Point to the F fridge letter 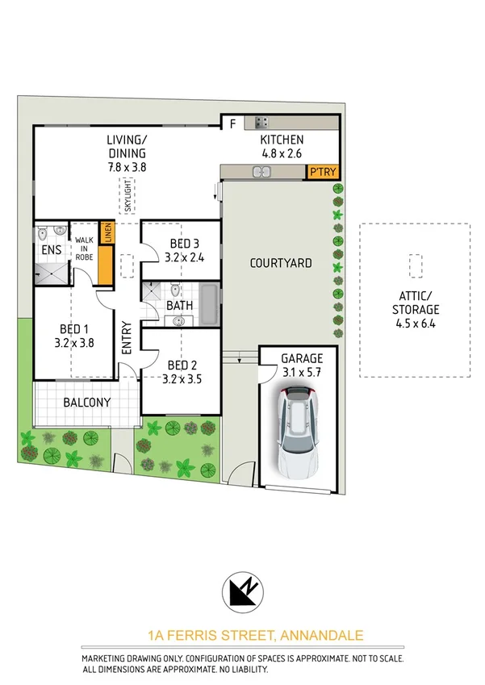232,123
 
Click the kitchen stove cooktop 261,123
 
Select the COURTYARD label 281,263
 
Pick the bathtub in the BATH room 209,305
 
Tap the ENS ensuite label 51,250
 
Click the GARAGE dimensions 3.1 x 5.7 301,372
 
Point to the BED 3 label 184,244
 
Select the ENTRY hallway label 127,339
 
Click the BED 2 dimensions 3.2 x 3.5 181,377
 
